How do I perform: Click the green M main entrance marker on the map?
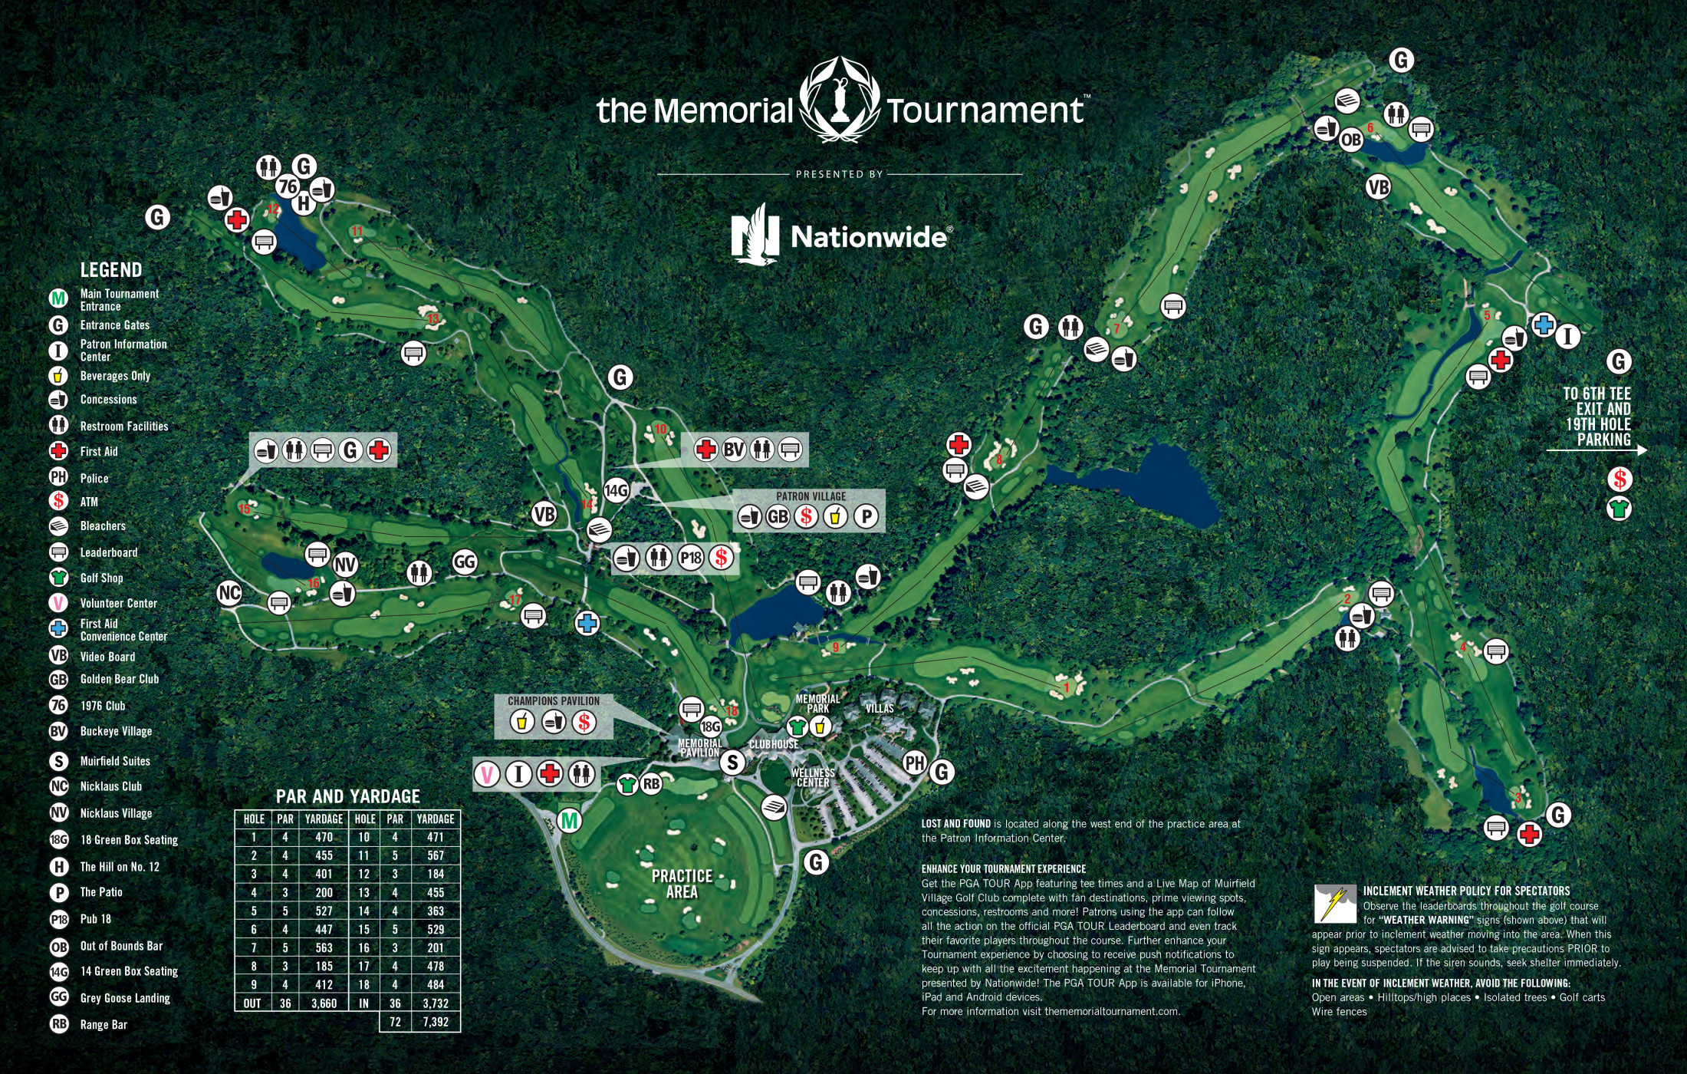(x=569, y=821)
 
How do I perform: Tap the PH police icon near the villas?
(x=915, y=763)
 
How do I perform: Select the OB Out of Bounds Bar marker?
(x=1350, y=140)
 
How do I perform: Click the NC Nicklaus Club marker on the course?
(x=229, y=592)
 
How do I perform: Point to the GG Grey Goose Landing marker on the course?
(x=465, y=562)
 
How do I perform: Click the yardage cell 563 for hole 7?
(x=324, y=947)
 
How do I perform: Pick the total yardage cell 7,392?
(x=435, y=1022)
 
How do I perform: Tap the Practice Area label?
(x=682, y=884)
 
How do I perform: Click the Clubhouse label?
(x=774, y=744)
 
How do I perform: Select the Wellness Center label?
(x=813, y=778)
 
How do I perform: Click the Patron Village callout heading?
(x=811, y=496)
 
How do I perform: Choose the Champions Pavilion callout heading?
(x=554, y=700)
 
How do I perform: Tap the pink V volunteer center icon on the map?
(x=487, y=774)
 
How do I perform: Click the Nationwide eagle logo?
(x=755, y=233)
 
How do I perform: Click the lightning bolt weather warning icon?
(x=1334, y=903)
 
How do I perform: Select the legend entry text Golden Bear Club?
(x=120, y=679)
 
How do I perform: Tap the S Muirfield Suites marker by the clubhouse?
(x=733, y=762)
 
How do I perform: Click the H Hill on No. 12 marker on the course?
(x=304, y=203)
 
